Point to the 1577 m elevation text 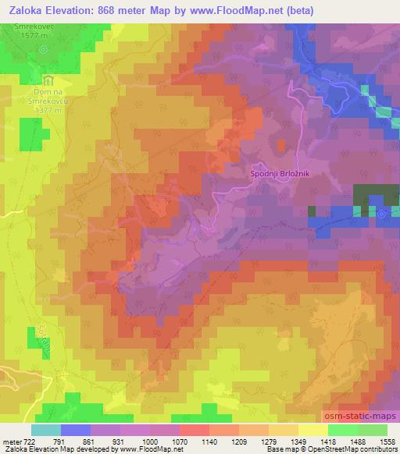tap(32, 35)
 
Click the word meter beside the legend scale tap(11, 442)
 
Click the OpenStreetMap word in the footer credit tap(348, 450)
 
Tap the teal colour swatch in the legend tap(46, 430)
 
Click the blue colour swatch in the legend tap(76, 430)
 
